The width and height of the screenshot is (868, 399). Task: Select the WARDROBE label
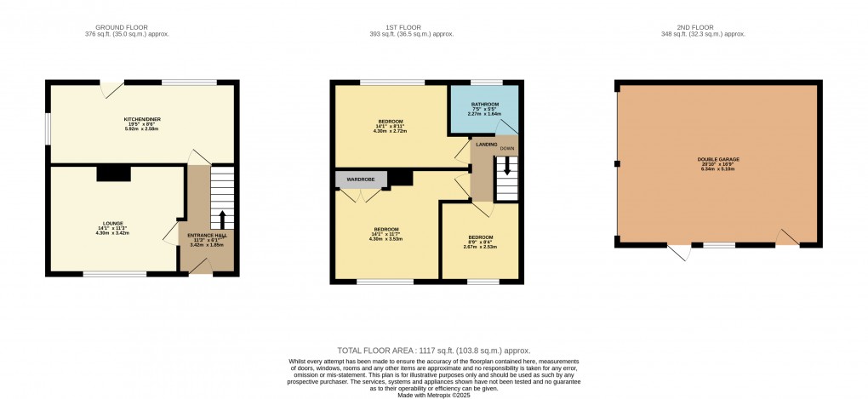tap(360, 180)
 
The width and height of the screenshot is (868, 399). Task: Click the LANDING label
tap(486, 145)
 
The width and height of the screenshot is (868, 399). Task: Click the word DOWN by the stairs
tap(507, 148)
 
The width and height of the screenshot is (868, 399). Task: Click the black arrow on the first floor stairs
tap(507, 168)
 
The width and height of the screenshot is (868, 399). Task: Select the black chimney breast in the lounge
tap(112, 174)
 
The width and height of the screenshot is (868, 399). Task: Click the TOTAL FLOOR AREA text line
tap(434, 351)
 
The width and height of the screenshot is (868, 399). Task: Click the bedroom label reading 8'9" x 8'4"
tap(482, 242)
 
